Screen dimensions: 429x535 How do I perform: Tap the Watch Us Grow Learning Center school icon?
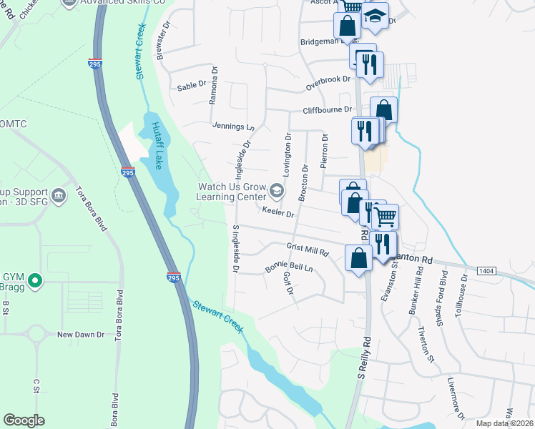[x=277, y=191]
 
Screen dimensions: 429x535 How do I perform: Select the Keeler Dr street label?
[x=279, y=212]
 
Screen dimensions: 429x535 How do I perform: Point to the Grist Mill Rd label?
[x=307, y=250]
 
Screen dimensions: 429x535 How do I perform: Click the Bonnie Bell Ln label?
[x=290, y=267]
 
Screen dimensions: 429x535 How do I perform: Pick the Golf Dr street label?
[x=289, y=283]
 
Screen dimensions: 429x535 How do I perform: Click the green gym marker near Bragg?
[x=34, y=280]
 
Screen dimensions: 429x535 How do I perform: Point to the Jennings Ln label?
[x=233, y=126]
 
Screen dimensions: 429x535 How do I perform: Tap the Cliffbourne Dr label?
[x=328, y=110]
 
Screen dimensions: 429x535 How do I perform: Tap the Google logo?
[x=24, y=420]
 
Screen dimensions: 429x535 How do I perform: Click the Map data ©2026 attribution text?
[x=505, y=423]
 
